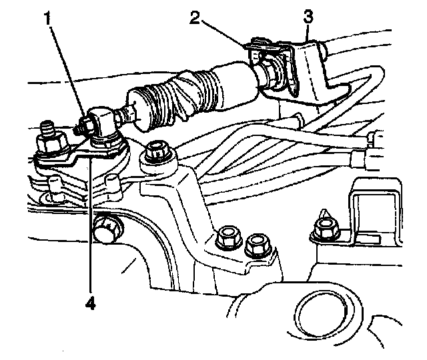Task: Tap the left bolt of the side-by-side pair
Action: coord(226,239)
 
